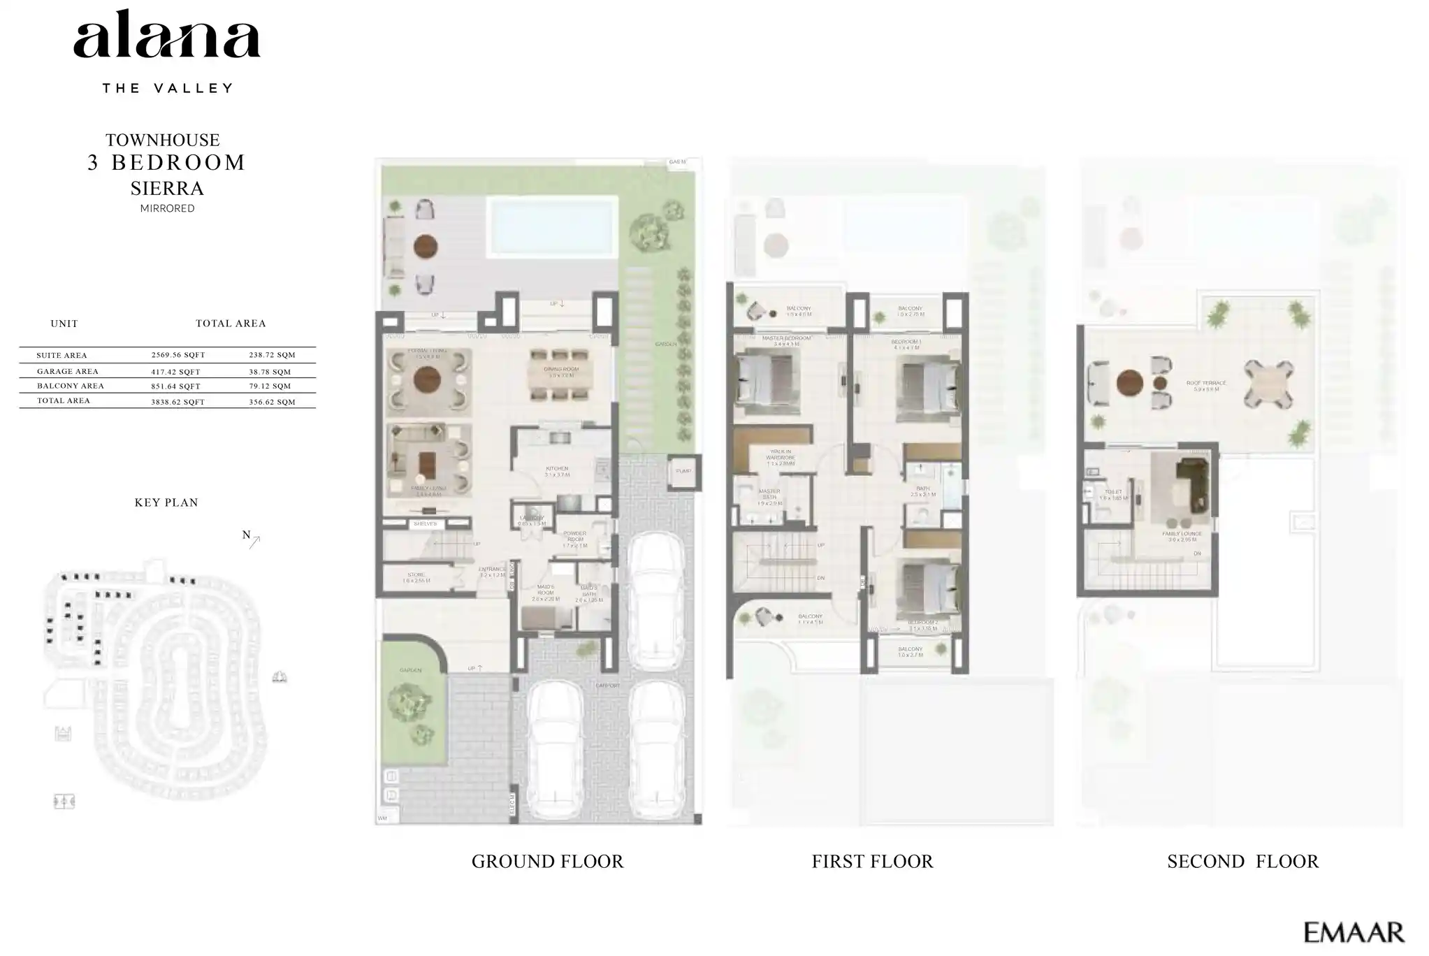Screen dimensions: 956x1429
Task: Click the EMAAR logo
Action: click(x=1354, y=932)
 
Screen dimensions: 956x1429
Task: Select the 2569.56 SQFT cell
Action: click(x=178, y=355)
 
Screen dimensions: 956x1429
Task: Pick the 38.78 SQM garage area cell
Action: click(x=270, y=372)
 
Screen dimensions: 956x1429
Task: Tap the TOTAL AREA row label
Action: click(x=63, y=401)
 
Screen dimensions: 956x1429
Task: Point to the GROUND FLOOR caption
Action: click(x=547, y=862)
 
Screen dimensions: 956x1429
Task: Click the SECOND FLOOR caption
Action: click(x=1242, y=862)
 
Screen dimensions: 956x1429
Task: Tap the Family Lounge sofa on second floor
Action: click(x=1191, y=482)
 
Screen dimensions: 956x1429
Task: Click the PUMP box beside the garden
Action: click(x=683, y=472)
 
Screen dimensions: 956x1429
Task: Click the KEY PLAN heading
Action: click(x=166, y=502)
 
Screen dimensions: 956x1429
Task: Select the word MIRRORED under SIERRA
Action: click(x=167, y=208)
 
